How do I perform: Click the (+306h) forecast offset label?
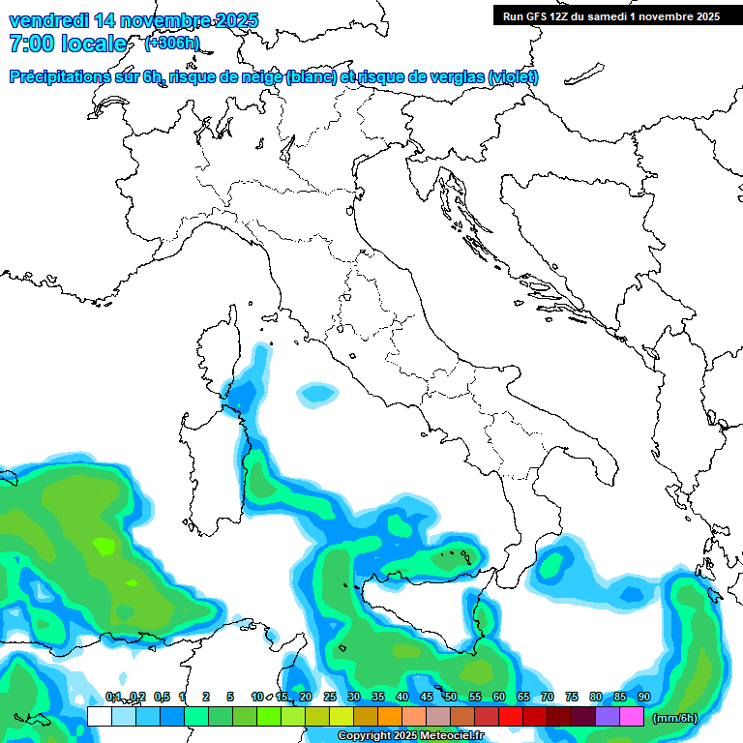pyautogui.click(x=171, y=44)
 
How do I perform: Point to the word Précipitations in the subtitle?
pyautogui.click(x=57, y=77)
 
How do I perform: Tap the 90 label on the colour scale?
pyautogui.click(x=643, y=697)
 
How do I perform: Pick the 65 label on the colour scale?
pyautogui.click(x=522, y=697)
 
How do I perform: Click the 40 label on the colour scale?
pyautogui.click(x=401, y=697)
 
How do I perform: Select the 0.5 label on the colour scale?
pyautogui.click(x=160, y=697)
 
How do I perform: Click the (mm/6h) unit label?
pyautogui.click(x=675, y=718)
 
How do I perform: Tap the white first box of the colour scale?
pyautogui.click(x=99, y=717)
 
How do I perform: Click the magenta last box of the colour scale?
pyautogui.click(x=632, y=717)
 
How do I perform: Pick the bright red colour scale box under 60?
pyautogui.click(x=511, y=717)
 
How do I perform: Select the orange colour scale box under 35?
pyautogui.click(x=390, y=717)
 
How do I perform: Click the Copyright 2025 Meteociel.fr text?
pyautogui.click(x=410, y=736)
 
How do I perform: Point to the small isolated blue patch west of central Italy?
pyautogui.click(x=315, y=393)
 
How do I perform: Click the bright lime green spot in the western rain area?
pyautogui.click(x=104, y=545)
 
